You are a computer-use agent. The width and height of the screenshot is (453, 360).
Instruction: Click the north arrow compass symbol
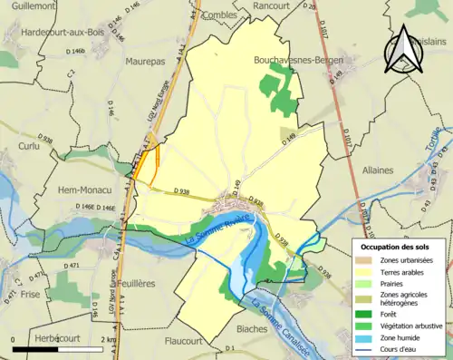(400, 47)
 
